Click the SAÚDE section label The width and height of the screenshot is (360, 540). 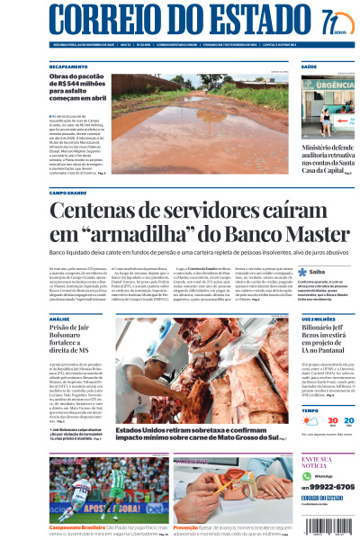point(309,67)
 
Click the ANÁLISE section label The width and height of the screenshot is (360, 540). point(60,319)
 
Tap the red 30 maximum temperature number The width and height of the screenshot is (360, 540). point(308,420)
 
